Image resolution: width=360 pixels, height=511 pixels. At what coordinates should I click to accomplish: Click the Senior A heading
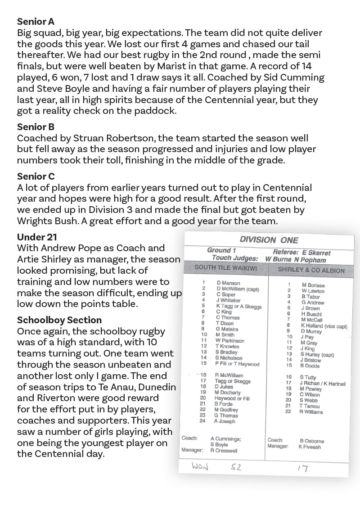[36, 21]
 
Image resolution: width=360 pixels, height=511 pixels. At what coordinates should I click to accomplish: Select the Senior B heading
[36, 127]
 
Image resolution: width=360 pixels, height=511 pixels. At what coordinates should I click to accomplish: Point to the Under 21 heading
[37, 237]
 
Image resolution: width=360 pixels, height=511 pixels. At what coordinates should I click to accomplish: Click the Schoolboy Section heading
[59, 320]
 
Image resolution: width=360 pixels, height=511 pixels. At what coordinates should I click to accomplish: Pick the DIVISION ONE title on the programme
[269, 240]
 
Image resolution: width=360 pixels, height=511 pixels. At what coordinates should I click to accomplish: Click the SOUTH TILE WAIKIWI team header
[223, 267]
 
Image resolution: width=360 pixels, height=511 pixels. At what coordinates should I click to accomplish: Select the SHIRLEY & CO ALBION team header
[311, 270]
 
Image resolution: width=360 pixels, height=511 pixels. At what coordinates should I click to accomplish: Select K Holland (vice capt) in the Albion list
[324, 326]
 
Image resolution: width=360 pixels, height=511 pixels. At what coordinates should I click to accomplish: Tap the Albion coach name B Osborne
[311, 441]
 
